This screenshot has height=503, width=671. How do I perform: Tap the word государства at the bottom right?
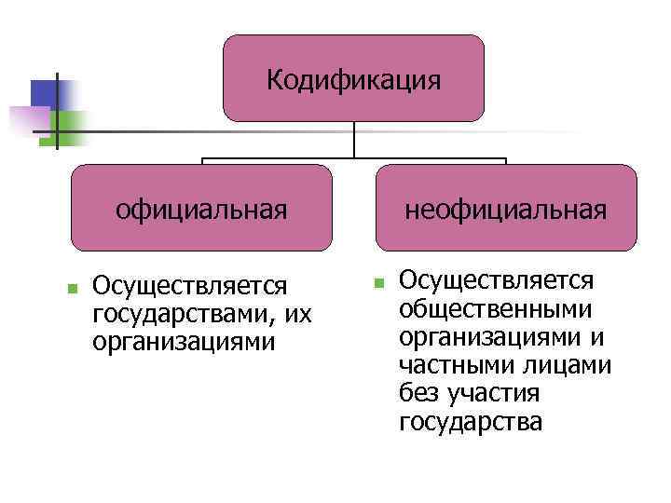pyautogui.click(x=470, y=422)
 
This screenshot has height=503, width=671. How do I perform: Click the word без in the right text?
pyautogui.click(x=417, y=393)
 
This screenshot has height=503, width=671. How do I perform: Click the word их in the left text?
pyautogui.click(x=298, y=312)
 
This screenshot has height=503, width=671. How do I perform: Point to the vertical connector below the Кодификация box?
pyautogui.click(x=354, y=140)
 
